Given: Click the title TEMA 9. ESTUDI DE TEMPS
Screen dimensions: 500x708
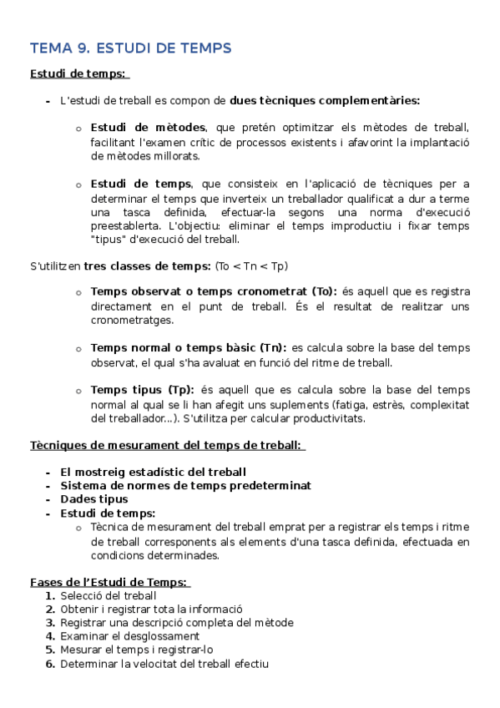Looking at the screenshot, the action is pos(130,48).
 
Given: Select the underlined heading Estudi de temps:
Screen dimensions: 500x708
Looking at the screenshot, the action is pos(78,74).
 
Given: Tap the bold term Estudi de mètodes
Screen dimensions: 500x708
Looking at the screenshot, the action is pos(148,128).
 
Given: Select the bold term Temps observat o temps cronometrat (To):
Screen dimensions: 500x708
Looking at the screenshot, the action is pos(213,291).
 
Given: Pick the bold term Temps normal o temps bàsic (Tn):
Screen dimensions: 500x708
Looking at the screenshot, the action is pos(188,347).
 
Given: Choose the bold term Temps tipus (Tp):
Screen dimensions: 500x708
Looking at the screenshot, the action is pos(142,390).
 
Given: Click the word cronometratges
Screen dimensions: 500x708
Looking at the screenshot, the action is pos(132,320).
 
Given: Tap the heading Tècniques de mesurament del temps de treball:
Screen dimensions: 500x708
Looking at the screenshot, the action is pos(166,446).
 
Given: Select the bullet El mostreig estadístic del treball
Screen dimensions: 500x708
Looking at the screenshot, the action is pos(153,472).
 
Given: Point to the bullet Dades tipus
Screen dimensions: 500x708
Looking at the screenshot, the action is pos(93,499).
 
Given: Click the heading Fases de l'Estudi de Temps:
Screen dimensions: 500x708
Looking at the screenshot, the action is pos(109,582).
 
